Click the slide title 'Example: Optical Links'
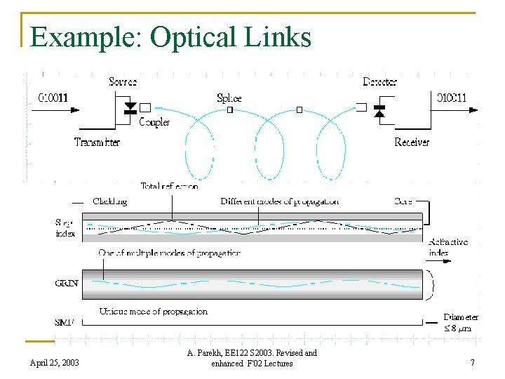click(170, 37)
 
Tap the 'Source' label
click(123, 82)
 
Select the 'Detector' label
click(379, 82)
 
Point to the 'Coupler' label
click(154, 122)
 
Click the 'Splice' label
click(229, 98)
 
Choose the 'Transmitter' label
click(97, 142)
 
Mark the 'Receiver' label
click(412, 142)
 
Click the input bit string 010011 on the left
click(53, 98)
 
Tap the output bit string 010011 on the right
click(452, 98)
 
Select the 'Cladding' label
click(110, 201)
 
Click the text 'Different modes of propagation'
click(279, 201)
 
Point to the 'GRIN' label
click(67, 284)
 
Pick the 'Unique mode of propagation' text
click(153, 312)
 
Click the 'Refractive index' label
click(448, 247)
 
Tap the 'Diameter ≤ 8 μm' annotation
click(461, 323)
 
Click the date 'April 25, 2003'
click(55, 363)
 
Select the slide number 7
click(472, 363)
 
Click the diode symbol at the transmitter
click(130, 109)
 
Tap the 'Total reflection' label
click(169, 187)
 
